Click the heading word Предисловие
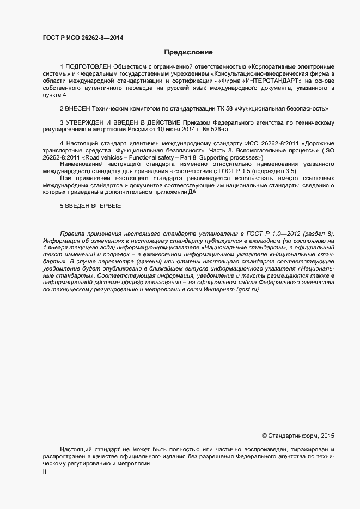(x=188, y=53)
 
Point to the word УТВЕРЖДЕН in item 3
(x=90, y=123)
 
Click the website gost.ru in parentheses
(x=247, y=290)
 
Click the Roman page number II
(x=45, y=472)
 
